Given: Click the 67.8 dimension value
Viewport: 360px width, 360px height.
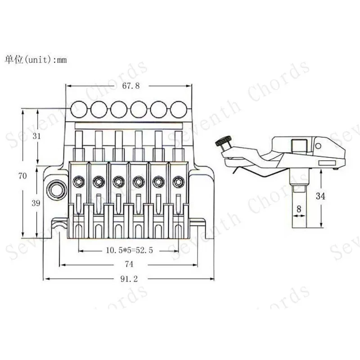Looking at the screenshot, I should pos(126,86).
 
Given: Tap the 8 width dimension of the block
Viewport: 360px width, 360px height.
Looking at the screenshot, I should pos(299,209).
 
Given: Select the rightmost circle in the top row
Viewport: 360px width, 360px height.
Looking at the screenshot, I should pos(178,108).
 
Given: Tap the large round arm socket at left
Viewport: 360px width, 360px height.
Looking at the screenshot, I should pos(57,189).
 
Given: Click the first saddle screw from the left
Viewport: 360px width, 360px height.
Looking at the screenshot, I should pos(78,181).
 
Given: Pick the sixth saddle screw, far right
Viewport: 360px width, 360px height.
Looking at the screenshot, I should pos(178,181).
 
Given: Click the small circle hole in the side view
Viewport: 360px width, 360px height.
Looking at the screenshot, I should pos(319,146).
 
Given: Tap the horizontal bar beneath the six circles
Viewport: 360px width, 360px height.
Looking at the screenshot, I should pos(128,123).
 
